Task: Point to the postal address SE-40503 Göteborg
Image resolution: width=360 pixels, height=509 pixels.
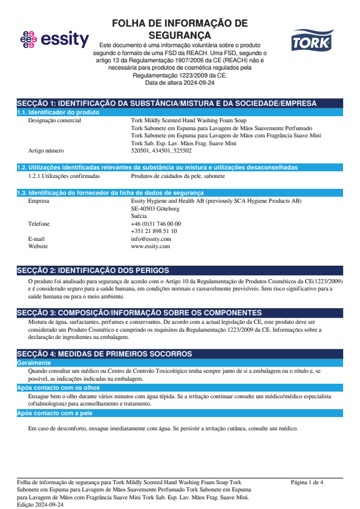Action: pos(155,208)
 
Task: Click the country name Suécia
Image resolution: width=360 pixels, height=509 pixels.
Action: pos(139,215)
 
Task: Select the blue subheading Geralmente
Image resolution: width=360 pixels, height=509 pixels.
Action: pos(34,363)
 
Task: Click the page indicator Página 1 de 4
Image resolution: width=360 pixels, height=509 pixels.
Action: pos(307,482)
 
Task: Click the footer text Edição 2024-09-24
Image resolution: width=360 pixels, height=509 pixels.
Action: pos(40,504)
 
